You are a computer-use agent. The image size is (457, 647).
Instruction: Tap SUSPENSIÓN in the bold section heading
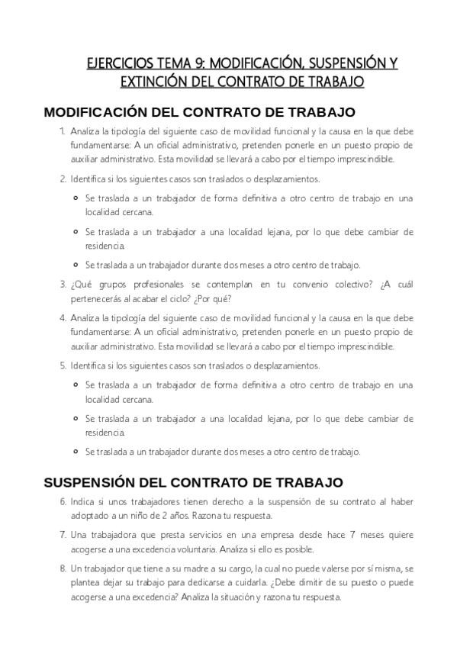(91, 482)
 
